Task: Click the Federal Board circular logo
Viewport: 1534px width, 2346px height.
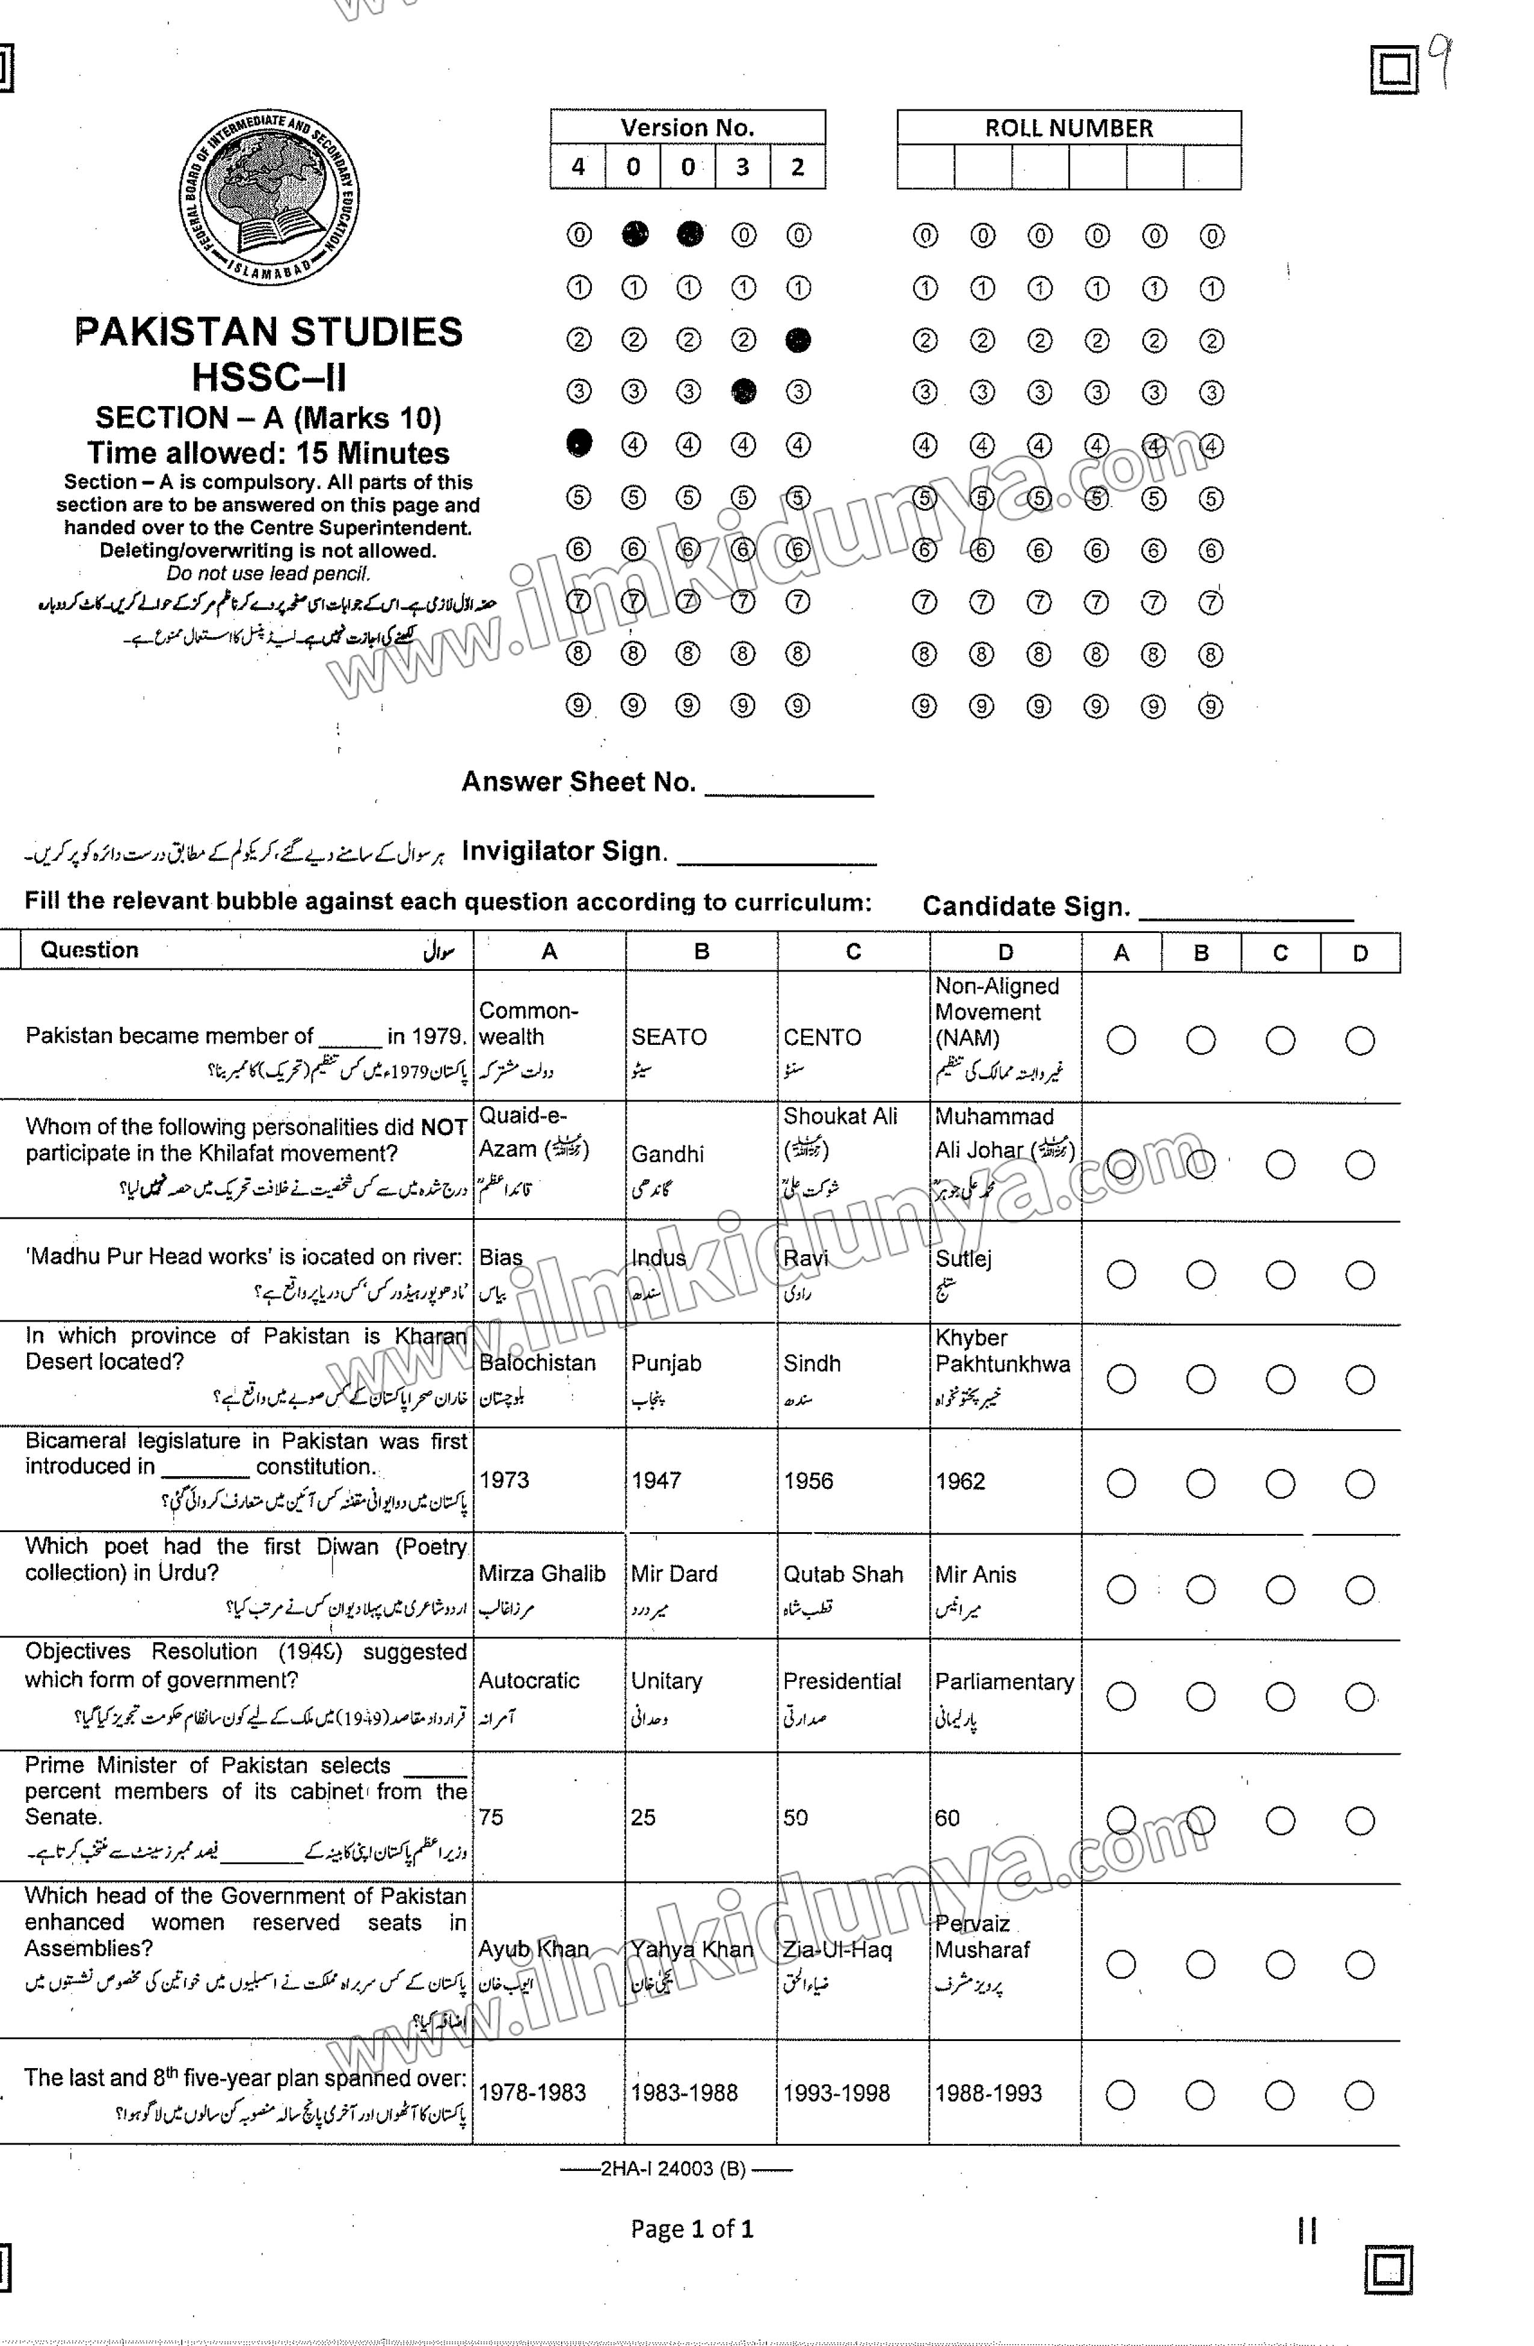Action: click(x=268, y=197)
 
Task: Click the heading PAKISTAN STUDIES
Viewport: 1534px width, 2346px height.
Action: click(x=268, y=332)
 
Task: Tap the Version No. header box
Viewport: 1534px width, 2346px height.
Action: click(x=687, y=127)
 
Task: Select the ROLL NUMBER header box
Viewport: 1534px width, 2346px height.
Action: click(x=1068, y=128)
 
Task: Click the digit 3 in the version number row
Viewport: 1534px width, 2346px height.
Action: click(x=742, y=167)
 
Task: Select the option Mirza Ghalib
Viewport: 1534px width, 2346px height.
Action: click(x=541, y=1574)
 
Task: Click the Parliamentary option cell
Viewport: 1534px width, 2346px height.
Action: click(x=1003, y=1682)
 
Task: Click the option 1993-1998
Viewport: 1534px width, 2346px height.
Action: click(x=836, y=2093)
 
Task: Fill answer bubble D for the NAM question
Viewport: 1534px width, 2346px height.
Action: click(x=1358, y=1040)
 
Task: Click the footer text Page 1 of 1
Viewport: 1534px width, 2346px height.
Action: click(x=692, y=2229)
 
